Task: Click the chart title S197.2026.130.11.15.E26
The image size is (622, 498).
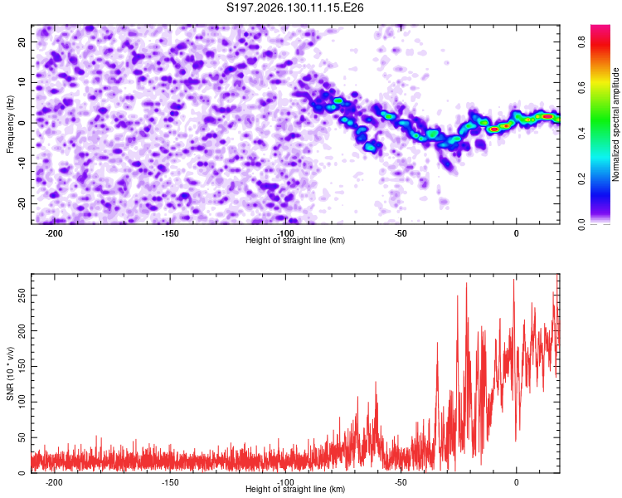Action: [294, 7]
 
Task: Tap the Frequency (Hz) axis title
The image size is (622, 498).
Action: [10, 124]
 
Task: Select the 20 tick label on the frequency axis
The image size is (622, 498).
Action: [22, 41]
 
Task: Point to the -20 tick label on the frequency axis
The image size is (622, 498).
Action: [22, 204]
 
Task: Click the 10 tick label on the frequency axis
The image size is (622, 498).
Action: [22, 82]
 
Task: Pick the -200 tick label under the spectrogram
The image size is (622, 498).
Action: [55, 233]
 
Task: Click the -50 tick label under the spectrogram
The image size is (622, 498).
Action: [401, 233]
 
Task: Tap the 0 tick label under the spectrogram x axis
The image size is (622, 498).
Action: [516, 233]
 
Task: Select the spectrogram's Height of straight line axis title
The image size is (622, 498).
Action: [295, 240]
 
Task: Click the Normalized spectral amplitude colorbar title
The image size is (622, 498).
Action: [615, 124]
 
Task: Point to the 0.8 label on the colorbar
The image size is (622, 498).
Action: [581, 41]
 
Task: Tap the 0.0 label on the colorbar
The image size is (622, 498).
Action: [581, 224]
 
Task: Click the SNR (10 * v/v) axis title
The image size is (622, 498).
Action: [10, 373]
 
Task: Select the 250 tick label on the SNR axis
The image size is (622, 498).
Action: [22, 295]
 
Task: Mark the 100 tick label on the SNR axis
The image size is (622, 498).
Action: [22, 402]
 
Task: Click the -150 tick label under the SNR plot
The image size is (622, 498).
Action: [170, 482]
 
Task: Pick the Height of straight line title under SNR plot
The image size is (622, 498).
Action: [295, 489]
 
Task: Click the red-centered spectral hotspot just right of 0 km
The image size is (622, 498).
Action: [547, 116]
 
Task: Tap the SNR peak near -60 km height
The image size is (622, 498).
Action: [376, 382]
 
